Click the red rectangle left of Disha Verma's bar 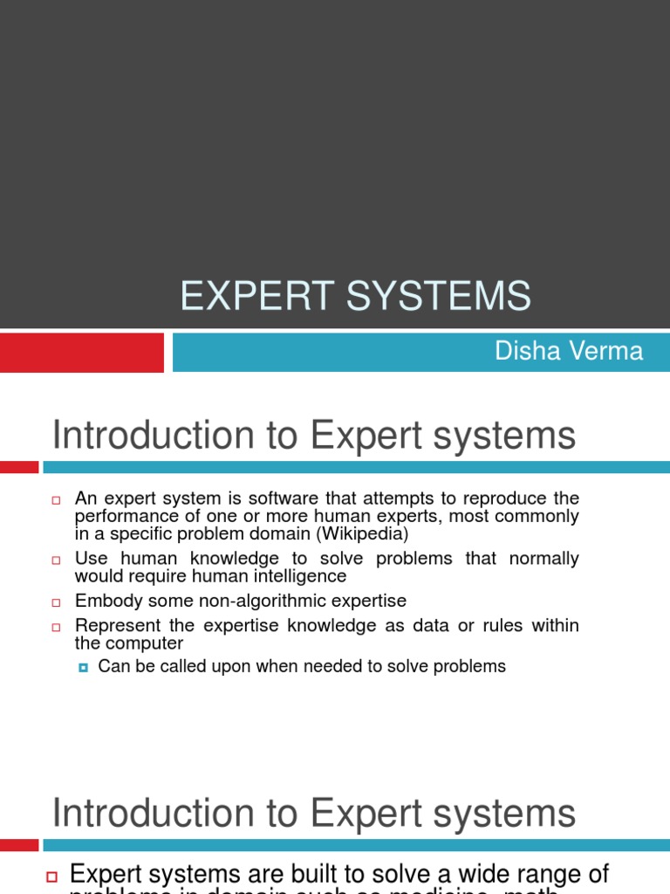[x=81, y=352]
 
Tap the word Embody [x=104, y=602]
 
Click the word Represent [x=112, y=626]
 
